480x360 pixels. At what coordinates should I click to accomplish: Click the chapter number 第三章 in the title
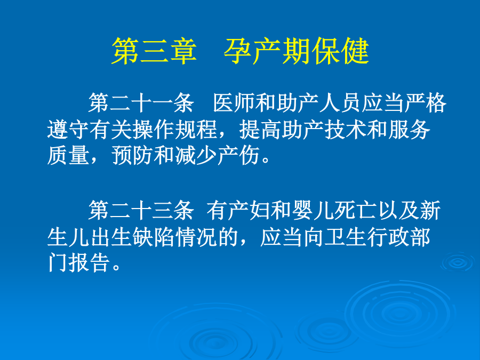[x=154, y=51]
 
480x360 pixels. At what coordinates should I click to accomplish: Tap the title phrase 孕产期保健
[x=297, y=51]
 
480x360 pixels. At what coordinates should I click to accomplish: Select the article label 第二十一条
[x=141, y=103]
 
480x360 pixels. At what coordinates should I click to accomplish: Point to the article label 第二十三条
[x=141, y=211]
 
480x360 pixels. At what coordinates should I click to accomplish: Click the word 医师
[x=234, y=103]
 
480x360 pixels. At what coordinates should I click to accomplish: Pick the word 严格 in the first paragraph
[x=425, y=103]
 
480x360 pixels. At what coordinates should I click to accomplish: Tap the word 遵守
[x=68, y=130]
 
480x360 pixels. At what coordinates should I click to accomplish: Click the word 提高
[x=260, y=130]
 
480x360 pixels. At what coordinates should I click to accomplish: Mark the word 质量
[x=68, y=156]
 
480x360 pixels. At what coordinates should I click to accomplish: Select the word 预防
[x=133, y=156]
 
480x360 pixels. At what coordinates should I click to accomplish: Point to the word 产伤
[x=239, y=156]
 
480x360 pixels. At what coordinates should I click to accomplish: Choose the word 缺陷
[x=154, y=237]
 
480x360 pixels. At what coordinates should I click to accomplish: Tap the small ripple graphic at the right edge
[x=458, y=262]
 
